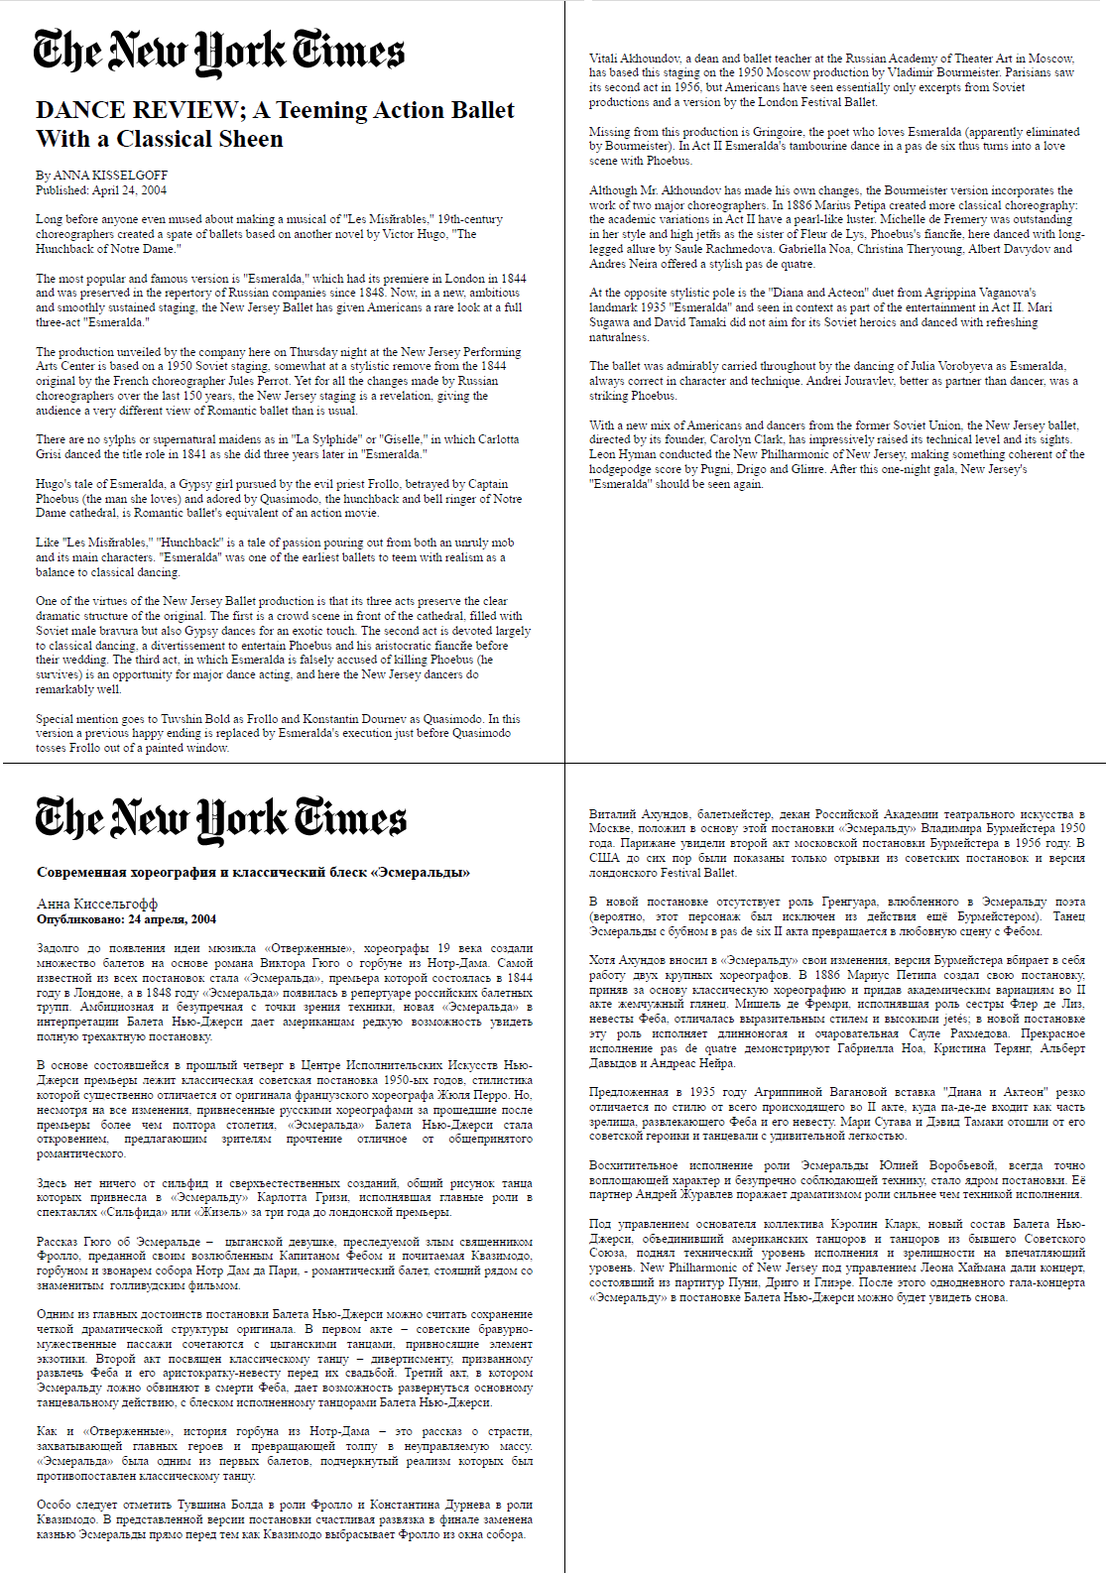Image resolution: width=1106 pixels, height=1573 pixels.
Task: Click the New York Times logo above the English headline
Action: pyautogui.click(x=218, y=52)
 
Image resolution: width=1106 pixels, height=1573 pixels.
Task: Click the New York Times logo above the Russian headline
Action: pyautogui.click(x=220, y=818)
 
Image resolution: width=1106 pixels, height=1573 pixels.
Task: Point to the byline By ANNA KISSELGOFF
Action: pyautogui.click(x=102, y=176)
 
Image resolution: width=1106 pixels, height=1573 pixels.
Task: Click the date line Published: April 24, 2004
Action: pyautogui.click(x=101, y=190)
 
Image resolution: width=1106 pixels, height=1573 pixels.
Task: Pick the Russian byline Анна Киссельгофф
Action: pyautogui.click(x=97, y=904)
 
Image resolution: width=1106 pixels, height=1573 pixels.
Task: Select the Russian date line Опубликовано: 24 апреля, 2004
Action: pyautogui.click(x=126, y=919)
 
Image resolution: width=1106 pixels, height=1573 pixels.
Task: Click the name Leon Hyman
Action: pyautogui.click(x=622, y=454)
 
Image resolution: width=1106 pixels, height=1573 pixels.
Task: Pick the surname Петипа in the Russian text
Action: pyautogui.click(x=916, y=975)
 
